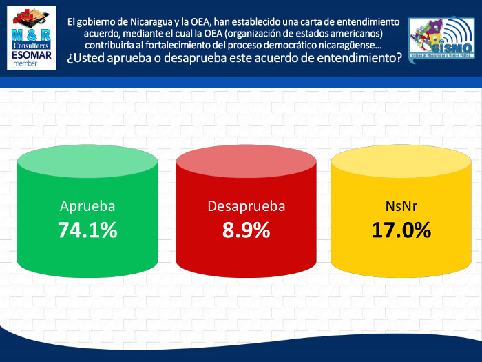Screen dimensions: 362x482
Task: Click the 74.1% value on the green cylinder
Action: coord(87,230)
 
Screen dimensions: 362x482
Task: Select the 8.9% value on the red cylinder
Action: coord(246,230)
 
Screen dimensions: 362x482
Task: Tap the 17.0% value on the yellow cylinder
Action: coord(401,230)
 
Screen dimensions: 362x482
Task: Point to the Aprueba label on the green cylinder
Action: coord(87,205)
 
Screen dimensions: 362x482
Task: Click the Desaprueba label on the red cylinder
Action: coord(246,205)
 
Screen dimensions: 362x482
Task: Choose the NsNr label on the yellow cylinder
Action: coord(401,205)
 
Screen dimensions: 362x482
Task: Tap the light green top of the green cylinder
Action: coord(87,165)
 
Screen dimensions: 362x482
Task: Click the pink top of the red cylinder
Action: coord(246,165)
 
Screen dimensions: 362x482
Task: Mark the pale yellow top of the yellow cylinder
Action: coord(401,165)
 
